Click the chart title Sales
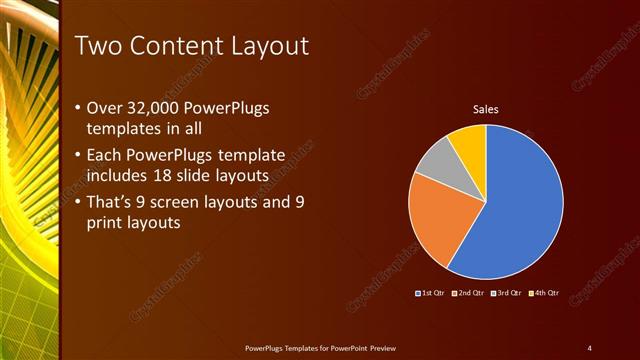[x=485, y=109]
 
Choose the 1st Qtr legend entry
[x=430, y=293]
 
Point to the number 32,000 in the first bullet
[x=154, y=108]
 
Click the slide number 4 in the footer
[x=589, y=347]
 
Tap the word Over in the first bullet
[x=104, y=108]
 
